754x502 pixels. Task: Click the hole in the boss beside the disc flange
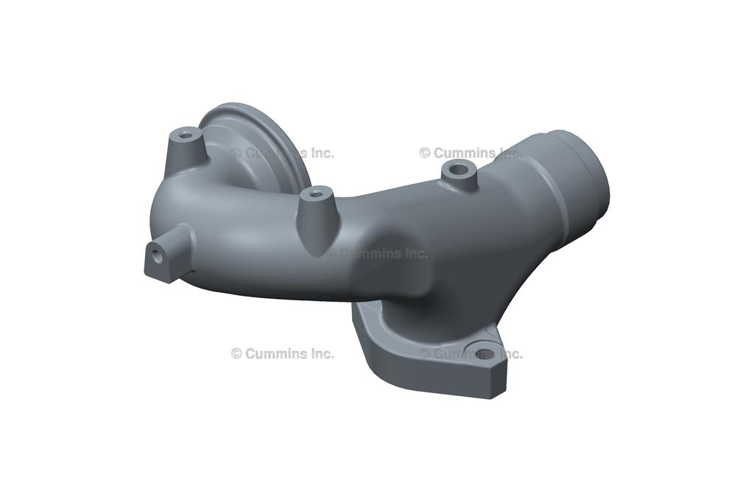pyautogui.click(x=185, y=135)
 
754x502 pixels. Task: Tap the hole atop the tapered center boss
pyautogui.click(x=316, y=194)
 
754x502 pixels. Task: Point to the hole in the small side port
pyautogui.click(x=158, y=255)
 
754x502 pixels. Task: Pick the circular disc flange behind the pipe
pyautogui.click(x=260, y=144)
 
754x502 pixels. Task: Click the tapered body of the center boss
pyautogui.click(x=317, y=216)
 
